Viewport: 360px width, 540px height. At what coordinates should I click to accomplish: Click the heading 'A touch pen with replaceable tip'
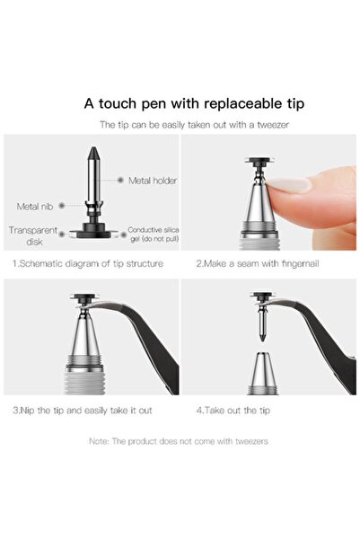point(194,103)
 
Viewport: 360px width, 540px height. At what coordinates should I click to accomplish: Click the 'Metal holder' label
point(153,181)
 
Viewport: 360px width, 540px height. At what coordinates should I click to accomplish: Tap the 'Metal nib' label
point(35,207)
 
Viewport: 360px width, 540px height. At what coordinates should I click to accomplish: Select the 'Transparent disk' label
point(33,236)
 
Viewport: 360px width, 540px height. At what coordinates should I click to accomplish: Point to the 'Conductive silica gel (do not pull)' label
point(154,235)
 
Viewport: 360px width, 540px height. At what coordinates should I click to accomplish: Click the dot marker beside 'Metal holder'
point(120,180)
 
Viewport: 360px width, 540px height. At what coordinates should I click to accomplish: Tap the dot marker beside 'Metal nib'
point(62,206)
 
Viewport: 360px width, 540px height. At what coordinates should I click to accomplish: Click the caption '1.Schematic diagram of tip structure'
point(88,264)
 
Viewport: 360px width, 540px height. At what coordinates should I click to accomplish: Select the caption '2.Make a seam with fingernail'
point(258,264)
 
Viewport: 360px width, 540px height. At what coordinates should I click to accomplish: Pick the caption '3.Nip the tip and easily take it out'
point(83,411)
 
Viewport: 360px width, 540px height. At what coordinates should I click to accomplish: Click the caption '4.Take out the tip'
point(233,411)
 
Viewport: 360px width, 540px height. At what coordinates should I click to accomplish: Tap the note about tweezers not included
point(179,441)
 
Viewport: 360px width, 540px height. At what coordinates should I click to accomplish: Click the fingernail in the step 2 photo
point(290,184)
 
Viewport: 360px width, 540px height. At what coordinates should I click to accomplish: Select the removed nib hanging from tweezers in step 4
point(262,322)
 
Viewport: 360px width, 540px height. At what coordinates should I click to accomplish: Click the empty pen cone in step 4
point(263,373)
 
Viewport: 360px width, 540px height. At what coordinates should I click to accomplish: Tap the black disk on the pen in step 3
point(84,297)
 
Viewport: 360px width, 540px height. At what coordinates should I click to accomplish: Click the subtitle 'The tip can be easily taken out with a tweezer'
point(195,125)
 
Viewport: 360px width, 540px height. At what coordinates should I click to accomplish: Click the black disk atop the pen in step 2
point(260,160)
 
